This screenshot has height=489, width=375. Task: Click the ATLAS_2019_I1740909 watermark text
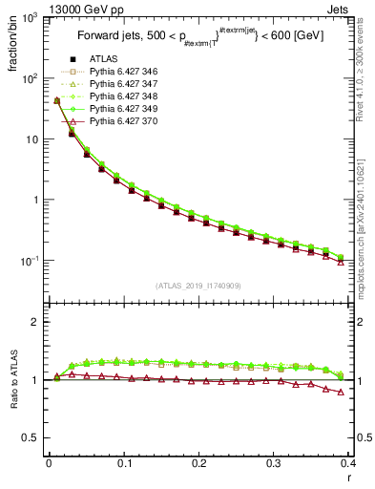(x=198, y=286)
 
